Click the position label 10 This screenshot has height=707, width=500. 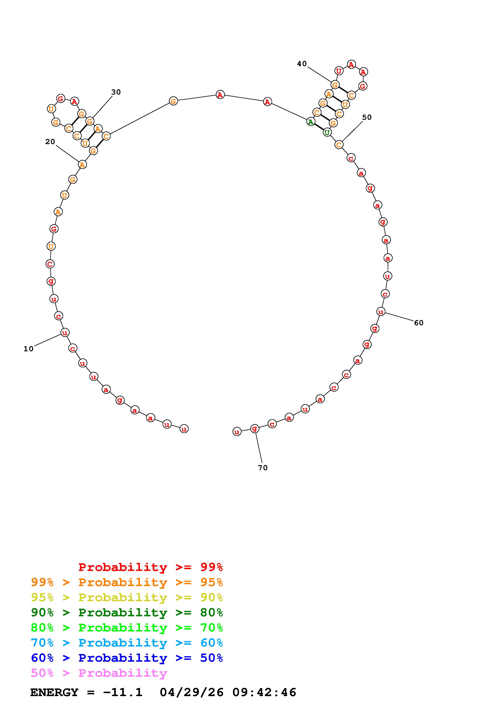(x=28, y=349)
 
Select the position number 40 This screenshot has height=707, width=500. (x=302, y=64)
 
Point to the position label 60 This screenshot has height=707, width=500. (x=419, y=323)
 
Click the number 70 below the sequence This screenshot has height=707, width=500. (x=263, y=468)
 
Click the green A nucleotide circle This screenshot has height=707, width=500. (x=311, y=122)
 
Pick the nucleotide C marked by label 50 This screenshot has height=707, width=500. (x=339, y=145)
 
